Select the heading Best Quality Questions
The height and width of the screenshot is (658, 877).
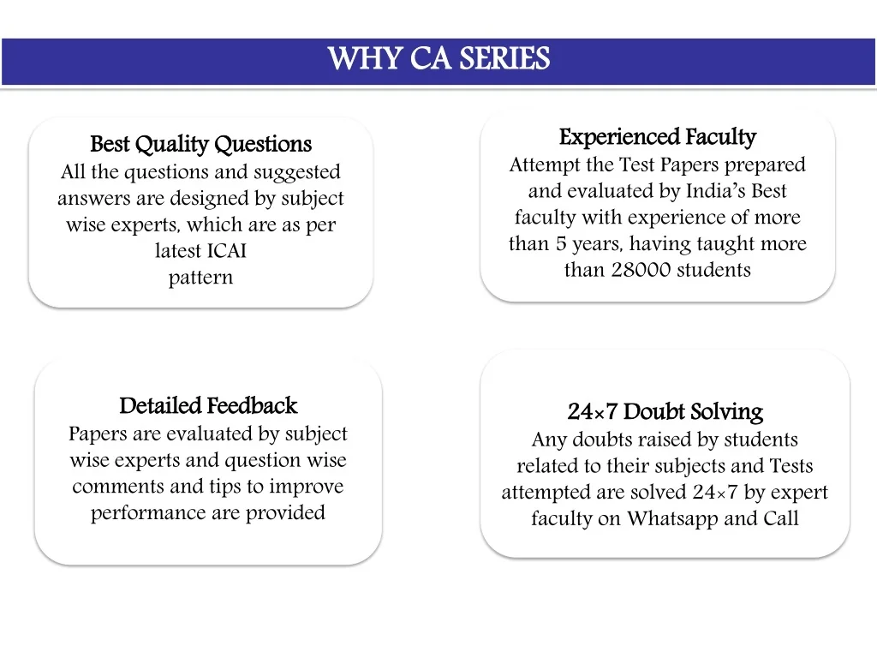200,144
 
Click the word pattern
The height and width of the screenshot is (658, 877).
200,278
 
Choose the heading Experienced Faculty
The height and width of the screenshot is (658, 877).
658,137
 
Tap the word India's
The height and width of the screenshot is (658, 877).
715,191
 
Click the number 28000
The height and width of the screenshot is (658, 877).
641,270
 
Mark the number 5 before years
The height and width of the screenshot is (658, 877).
561,244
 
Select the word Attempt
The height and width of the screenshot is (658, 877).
544,165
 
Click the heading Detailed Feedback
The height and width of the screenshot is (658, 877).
208,405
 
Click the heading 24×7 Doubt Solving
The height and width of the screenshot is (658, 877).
665,412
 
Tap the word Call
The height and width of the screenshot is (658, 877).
781,518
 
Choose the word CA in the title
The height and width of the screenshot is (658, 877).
430,58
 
